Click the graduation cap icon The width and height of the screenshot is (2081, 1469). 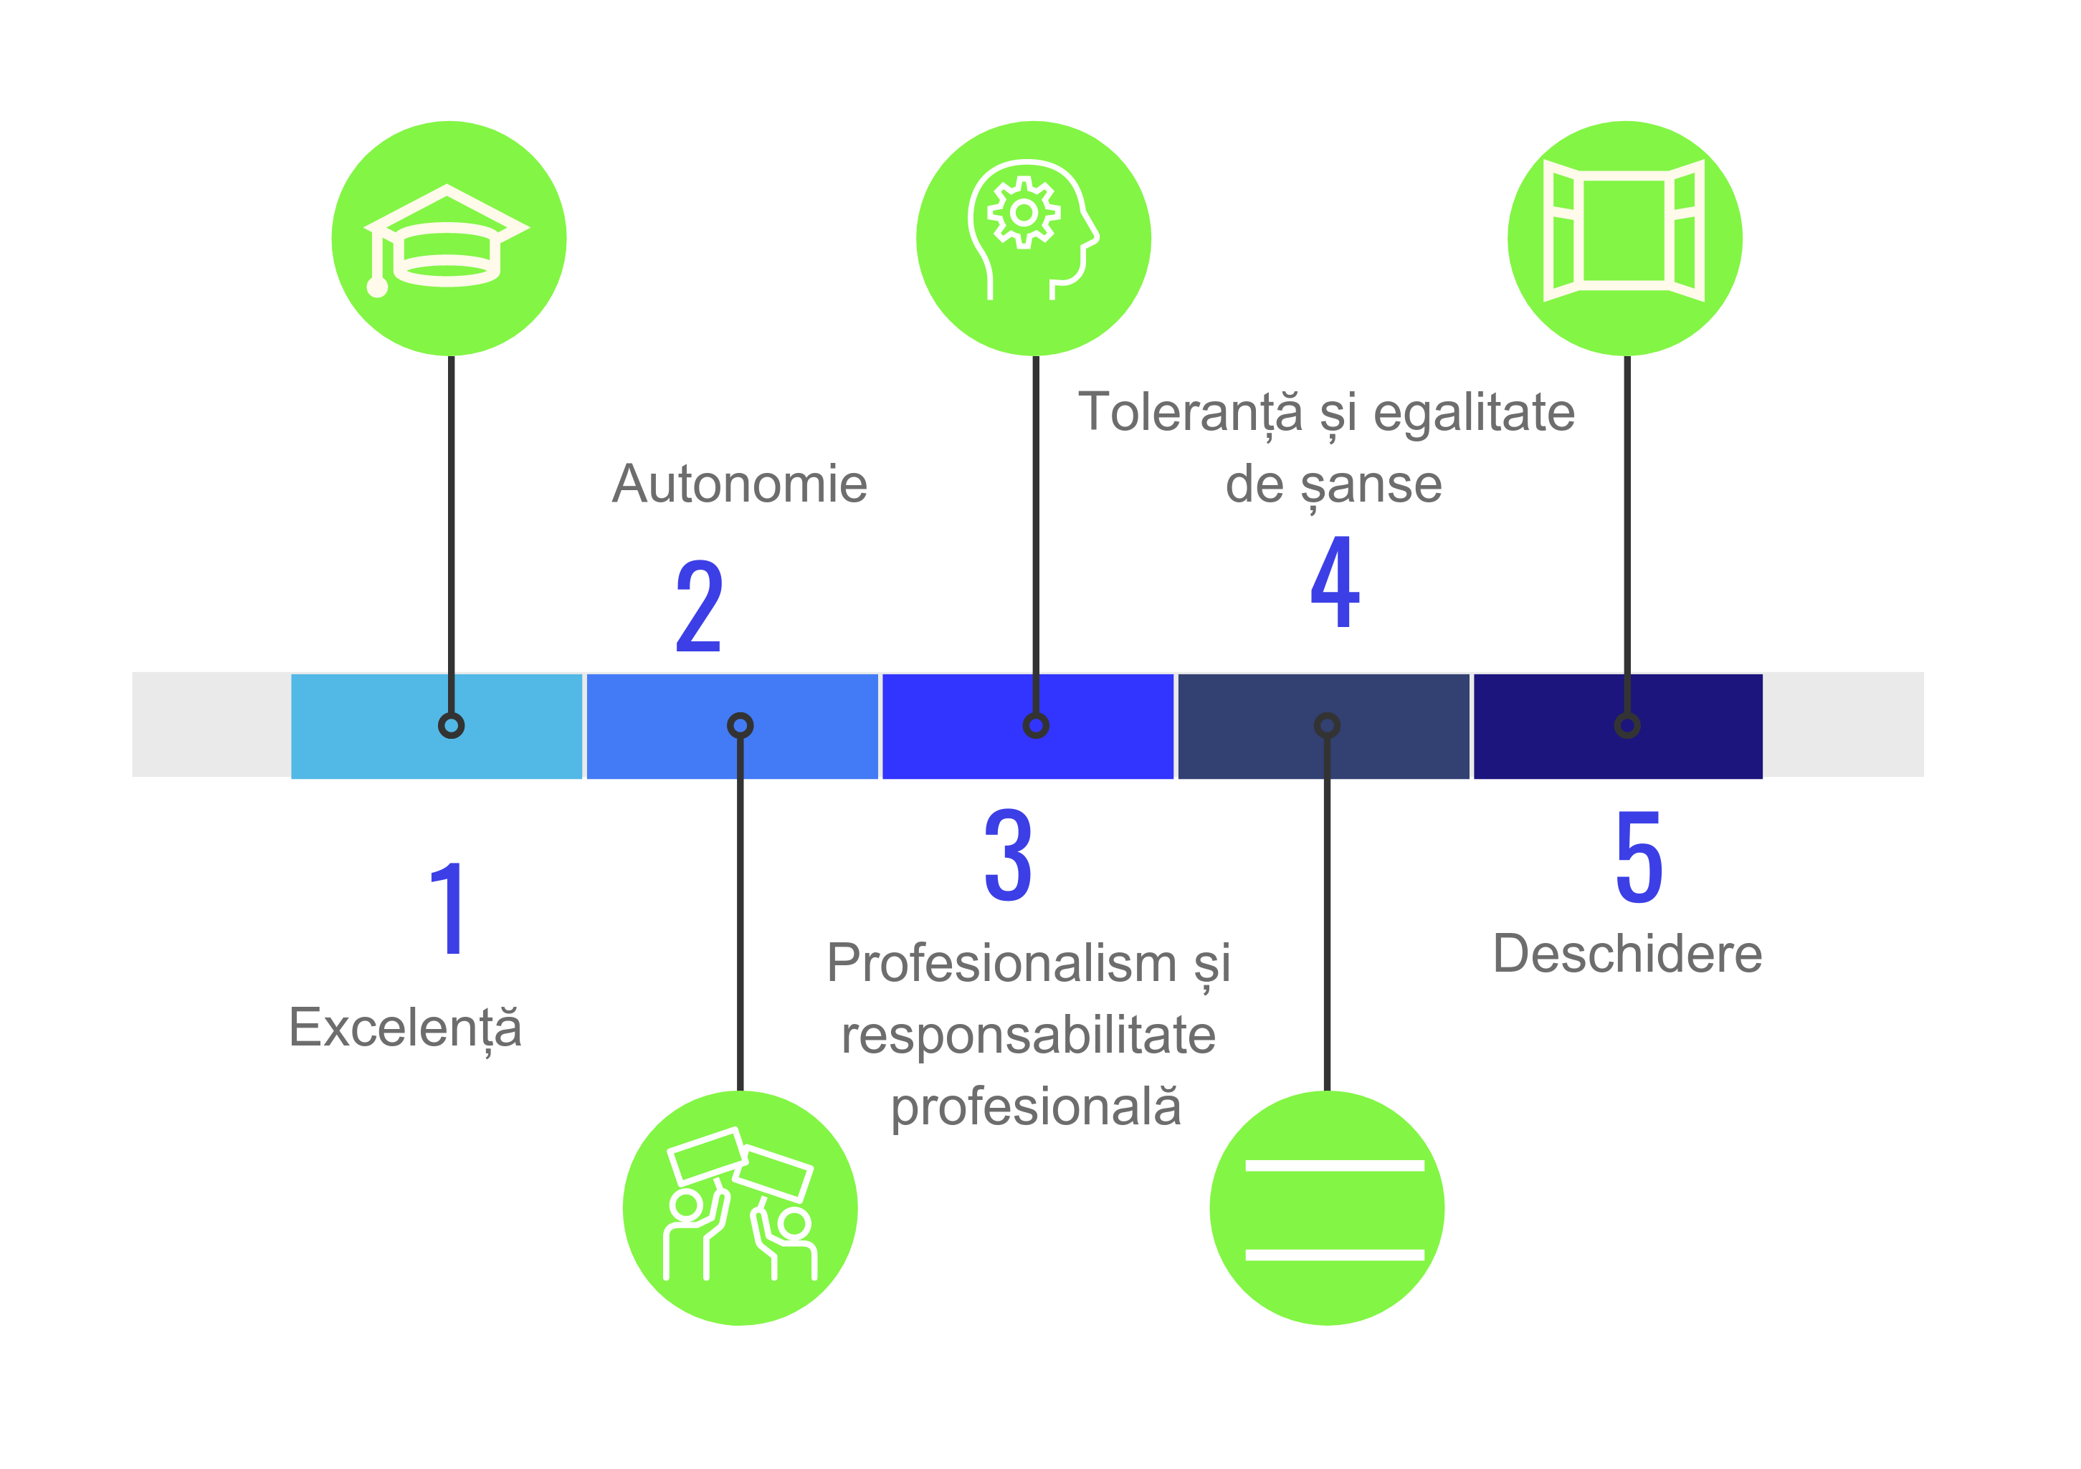pos(448,237)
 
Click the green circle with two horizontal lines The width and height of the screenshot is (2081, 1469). pos(1327,1208)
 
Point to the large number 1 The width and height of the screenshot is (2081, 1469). pos(449,909)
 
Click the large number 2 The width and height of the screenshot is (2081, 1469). pos(699,606)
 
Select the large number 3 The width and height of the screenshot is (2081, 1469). pos(1008,856)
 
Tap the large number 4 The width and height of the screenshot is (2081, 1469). pos(1335,582)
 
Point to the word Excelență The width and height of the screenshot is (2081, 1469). pos(405,1028)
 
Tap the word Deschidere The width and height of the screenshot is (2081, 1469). pos(1627,954)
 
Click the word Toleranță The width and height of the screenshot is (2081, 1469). pos(1190,413)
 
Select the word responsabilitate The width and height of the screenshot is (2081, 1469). pos(1028,1035)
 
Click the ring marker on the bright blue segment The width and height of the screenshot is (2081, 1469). pos(1036,726)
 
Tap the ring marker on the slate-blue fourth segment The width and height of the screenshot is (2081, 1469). pos(1327,726)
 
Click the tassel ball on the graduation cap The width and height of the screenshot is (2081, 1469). pos(377,287)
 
